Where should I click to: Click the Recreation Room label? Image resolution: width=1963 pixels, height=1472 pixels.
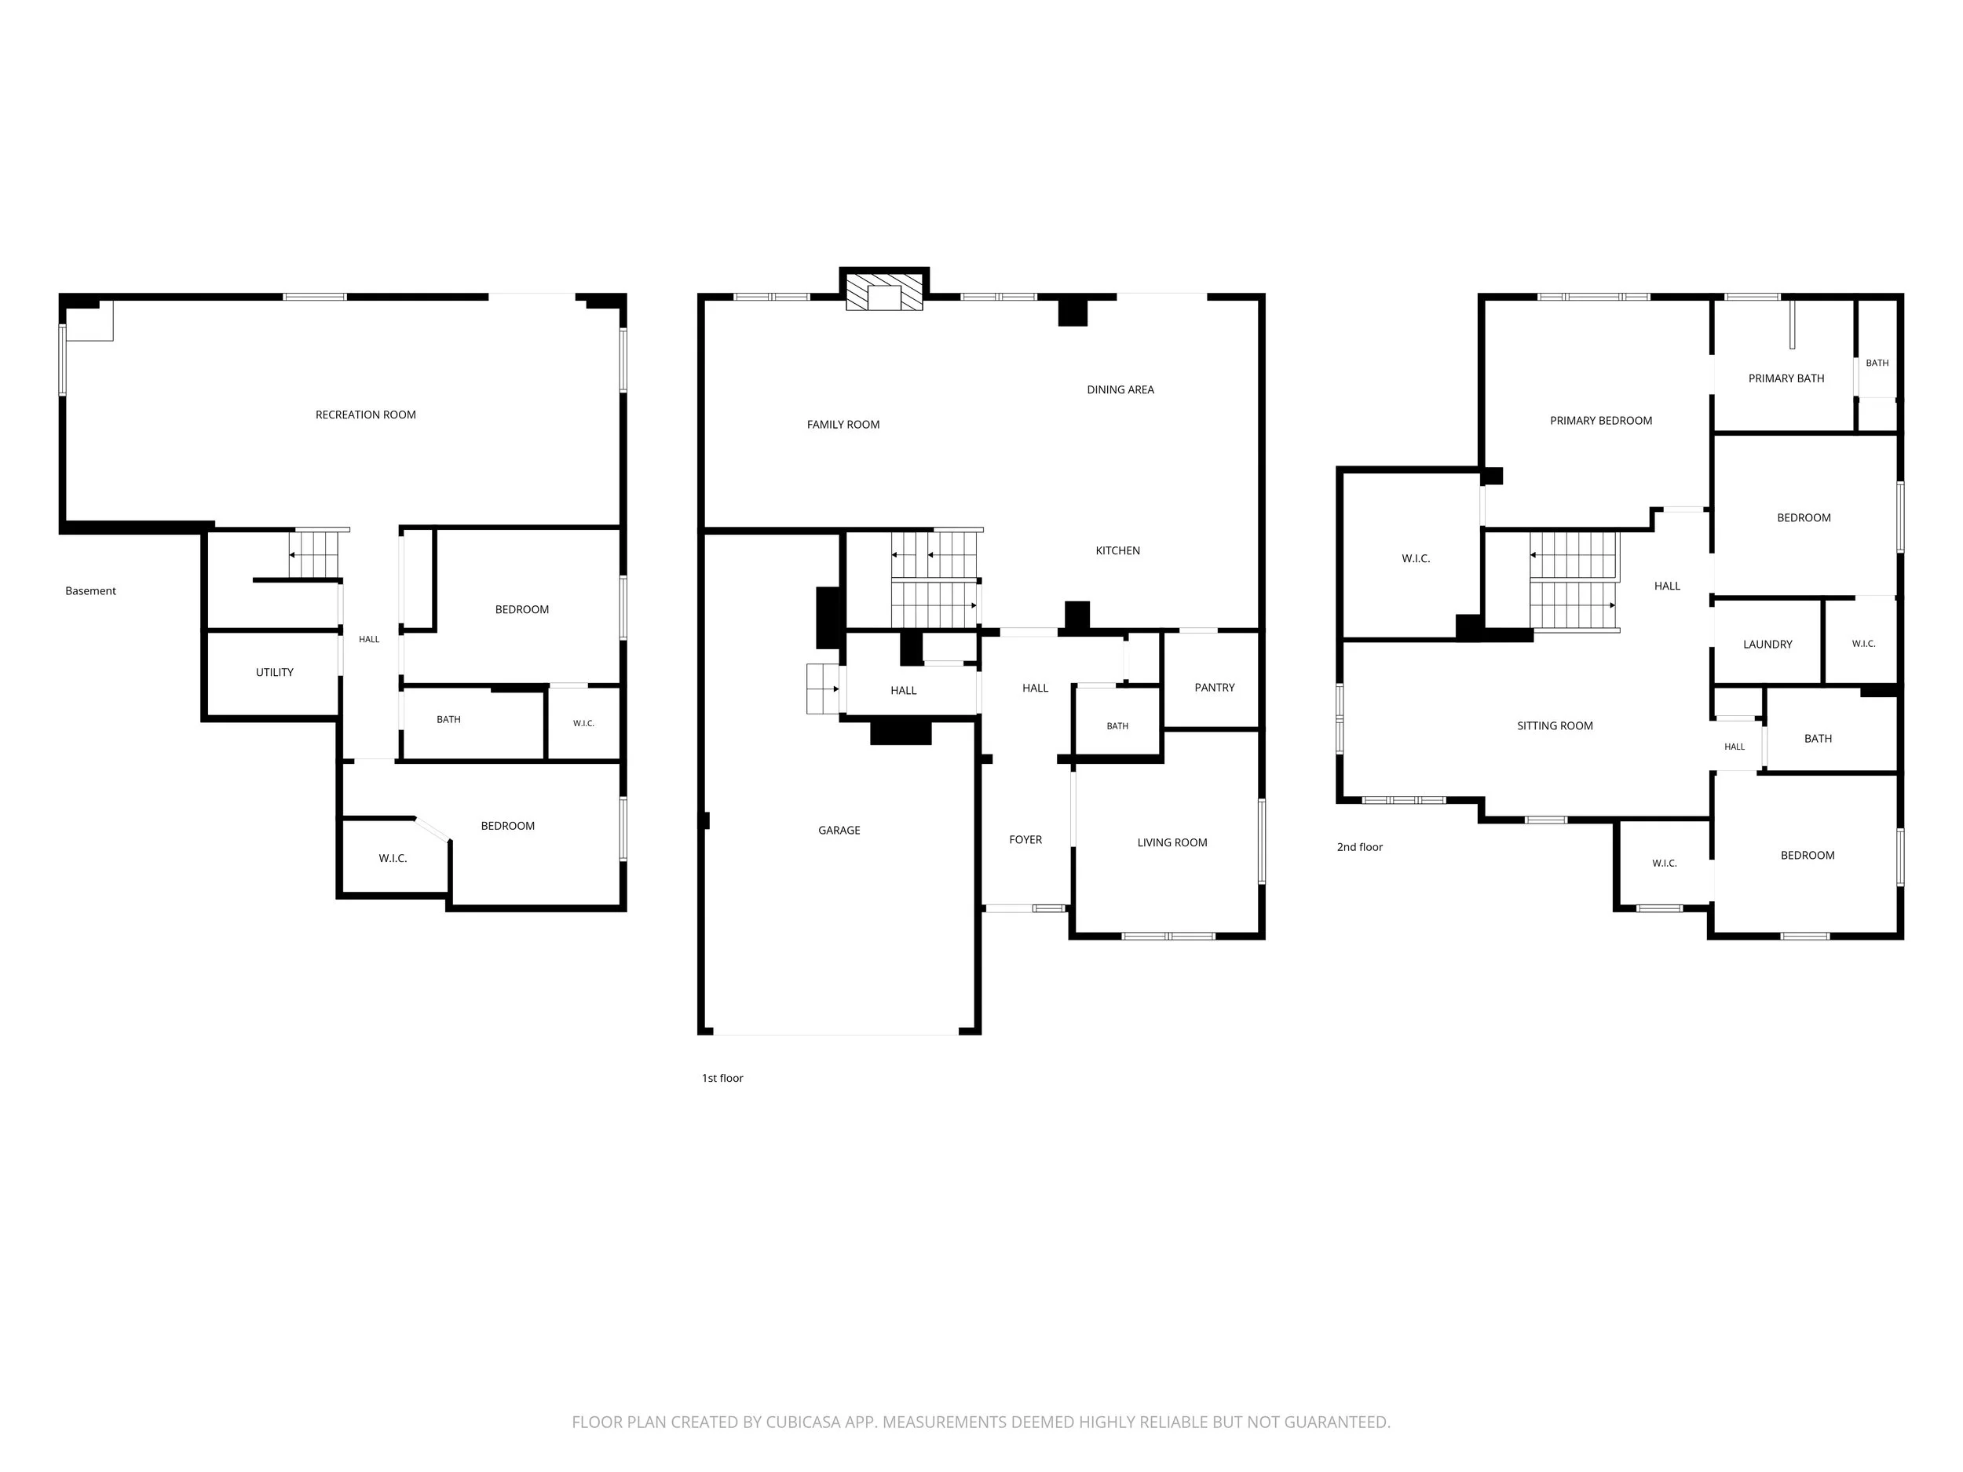click(366, 415)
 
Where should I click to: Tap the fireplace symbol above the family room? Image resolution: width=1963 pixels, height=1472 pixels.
click(884, 291)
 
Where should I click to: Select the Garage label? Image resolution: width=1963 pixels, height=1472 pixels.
click(839, 831)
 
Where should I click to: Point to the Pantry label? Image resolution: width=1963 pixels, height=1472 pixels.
click(1214, 688)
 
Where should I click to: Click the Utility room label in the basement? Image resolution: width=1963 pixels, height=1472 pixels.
click(274, 673)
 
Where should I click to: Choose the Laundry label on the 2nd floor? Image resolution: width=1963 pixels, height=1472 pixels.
click(1767, 645)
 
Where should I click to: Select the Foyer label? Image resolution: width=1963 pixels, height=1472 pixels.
click(1025, 839)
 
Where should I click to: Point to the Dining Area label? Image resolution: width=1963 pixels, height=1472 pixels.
click(1120, 389)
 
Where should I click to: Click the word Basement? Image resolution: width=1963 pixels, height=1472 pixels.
click(90, 591)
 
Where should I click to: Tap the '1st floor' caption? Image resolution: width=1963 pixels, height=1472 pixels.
click(722, 1078)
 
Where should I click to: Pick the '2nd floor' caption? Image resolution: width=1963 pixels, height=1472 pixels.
click(1359, 847)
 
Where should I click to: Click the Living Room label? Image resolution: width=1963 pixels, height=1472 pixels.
click(1172, 843)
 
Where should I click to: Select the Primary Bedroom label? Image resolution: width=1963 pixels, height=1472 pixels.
click(1600, 422)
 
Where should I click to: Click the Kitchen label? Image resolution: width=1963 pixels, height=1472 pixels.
click(1117, 551)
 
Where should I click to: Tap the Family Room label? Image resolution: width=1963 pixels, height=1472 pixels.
click(843, 425)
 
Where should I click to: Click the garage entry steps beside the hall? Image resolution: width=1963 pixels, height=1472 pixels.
click(823, 689)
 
